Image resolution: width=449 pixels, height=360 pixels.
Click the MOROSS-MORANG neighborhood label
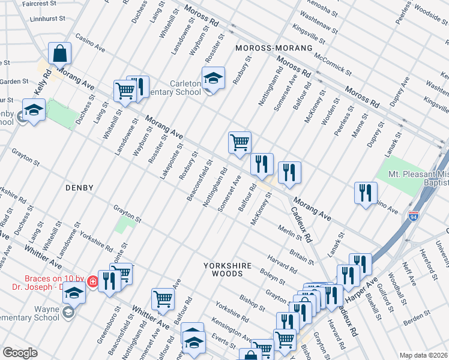[266, 47]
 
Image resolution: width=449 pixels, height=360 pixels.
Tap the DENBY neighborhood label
[79, 188]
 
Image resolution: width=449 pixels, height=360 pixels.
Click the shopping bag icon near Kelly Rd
[60, 53]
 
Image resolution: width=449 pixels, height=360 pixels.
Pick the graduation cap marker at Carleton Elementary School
[213, 78]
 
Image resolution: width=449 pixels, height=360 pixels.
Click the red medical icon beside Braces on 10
[93, 281]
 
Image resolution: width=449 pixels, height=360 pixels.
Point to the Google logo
[20, 353]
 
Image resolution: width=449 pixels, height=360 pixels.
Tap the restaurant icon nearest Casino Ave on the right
[366, 193]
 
